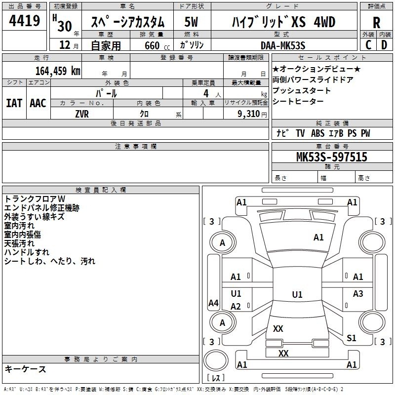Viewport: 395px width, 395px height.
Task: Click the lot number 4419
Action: [24, 21]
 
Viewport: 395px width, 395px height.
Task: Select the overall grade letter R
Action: [376, 23]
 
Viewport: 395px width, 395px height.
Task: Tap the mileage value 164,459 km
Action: [58, 71]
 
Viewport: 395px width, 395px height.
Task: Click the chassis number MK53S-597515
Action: [332, 157]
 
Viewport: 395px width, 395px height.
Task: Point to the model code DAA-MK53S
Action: [283, 45]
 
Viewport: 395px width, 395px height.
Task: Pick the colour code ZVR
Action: [82, 114]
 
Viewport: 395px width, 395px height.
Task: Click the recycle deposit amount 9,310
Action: [249, 114]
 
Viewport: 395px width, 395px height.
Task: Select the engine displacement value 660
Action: [152, 45]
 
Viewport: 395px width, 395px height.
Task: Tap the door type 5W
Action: [191, 22]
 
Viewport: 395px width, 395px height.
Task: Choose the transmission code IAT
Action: [14, 103]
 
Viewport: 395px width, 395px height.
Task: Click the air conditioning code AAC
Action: [38, 103]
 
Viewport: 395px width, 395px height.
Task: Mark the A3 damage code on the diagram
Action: [358, 293]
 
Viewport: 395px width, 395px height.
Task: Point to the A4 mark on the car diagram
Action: [214, 303]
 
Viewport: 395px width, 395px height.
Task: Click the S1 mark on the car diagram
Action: [352, 338]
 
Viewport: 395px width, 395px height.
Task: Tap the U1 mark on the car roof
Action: [297, 294]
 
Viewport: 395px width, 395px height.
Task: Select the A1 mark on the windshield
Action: [318, 237]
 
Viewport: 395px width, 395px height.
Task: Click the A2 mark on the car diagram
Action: [236, 307]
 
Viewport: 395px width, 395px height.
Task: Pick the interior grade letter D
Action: [384, 45]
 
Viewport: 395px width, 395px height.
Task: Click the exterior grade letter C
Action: [368, 45]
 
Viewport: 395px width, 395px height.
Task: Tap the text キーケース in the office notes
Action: [26, 369]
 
